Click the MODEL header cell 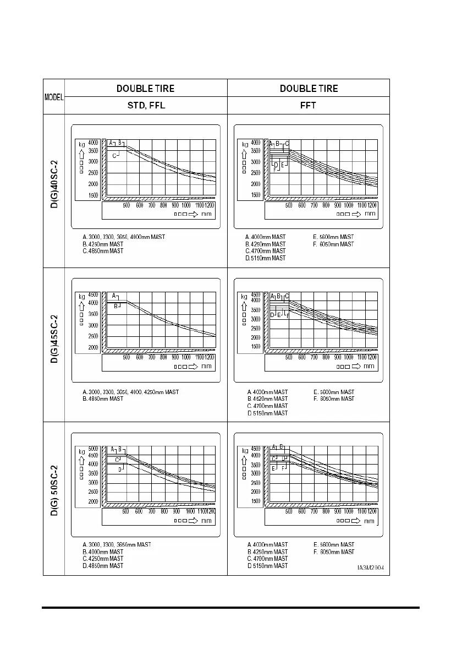coord(54,97)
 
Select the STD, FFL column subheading coord(146,106)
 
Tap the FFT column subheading coord(309,106)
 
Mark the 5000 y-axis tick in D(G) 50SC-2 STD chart coord(93,449)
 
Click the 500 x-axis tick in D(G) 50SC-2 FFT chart coord(288,511)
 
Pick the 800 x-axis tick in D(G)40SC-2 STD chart coord(163,205)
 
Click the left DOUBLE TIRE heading coord(146,88)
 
